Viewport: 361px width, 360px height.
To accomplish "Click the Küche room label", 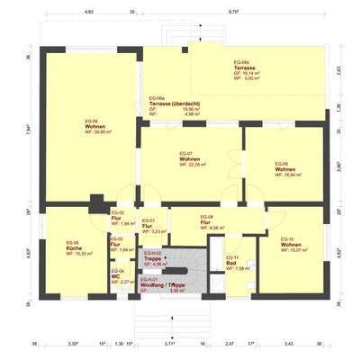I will tap(72, 249).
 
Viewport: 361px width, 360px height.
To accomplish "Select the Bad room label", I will tap(230, 262).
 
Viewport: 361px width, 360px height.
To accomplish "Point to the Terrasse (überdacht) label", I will tap(175, 103).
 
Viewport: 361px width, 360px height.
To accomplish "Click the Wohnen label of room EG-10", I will tap(290, 246).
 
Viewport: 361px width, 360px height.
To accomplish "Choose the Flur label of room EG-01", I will tap(147, 226).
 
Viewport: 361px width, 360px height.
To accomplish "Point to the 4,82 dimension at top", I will tap(88, 12).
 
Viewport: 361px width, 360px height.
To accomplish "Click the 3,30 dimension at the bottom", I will tap(74, 343).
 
